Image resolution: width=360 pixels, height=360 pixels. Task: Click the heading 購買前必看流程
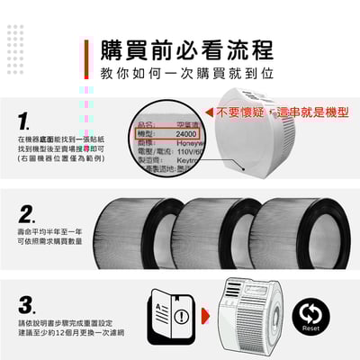point(185,49)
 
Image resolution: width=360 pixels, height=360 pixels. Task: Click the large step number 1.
point(26,121)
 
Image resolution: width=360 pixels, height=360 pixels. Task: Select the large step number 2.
point(27,214)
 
